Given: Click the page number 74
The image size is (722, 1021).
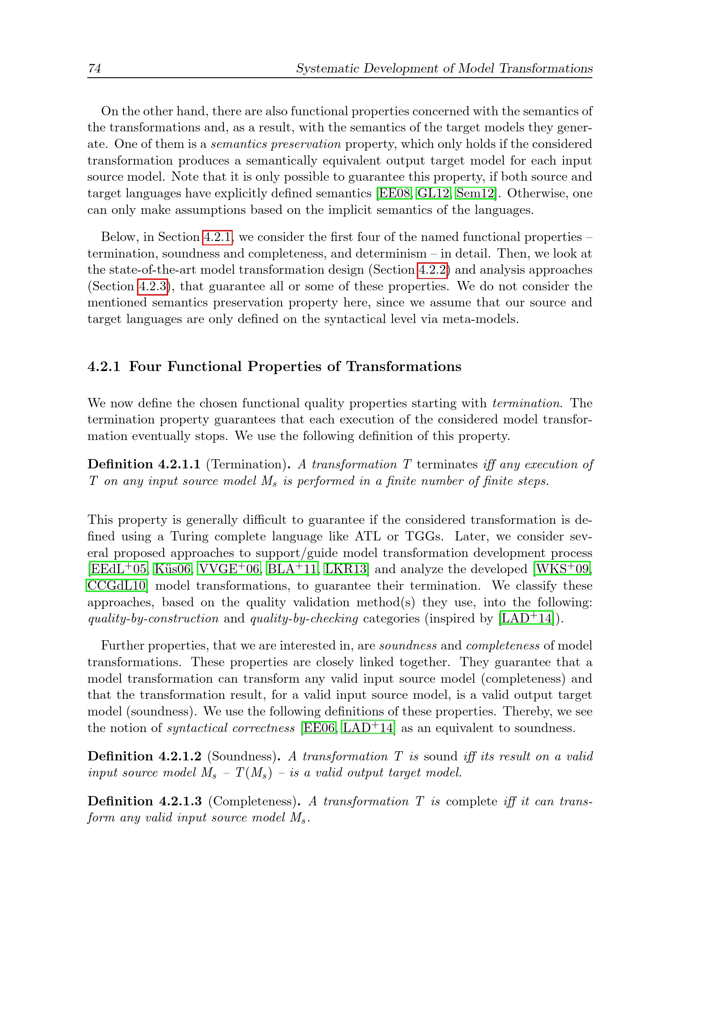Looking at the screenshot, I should click(95, 68).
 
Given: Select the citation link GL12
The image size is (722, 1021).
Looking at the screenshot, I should click(433, 193).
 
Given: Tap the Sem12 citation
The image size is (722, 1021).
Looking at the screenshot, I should click(475, 193).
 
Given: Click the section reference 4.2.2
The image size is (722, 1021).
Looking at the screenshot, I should click(433, 270).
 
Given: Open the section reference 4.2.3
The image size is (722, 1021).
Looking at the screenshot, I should click(153, 286).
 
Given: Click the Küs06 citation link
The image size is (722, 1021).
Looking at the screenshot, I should click(172, 569).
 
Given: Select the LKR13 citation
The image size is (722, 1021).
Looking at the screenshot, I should click(345, 569).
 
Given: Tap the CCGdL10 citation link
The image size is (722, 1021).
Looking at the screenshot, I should click(117, 586).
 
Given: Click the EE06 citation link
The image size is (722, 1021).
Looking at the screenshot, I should click(319, 728).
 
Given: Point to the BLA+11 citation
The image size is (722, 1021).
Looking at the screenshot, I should click(292, 569).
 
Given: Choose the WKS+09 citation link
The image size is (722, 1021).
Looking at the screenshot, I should click(562, 569).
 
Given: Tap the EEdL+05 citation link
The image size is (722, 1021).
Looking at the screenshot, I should click(118, 569).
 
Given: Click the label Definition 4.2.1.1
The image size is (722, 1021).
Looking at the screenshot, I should click(144, 464).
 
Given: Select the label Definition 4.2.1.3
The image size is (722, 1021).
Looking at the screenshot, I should click(144, 801).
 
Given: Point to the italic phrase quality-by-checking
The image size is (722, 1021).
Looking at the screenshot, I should click(304, 619).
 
